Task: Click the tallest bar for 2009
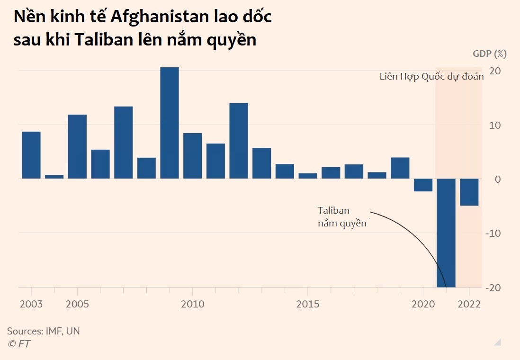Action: click(x=170, y=123)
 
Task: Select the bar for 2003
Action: click(x=31, y=155)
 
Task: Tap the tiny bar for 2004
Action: click(x=54, y=177)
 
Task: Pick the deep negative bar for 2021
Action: click(x=446, y=232)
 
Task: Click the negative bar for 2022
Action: click(x=469, y=192)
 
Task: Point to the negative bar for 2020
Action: click(x=423, y=185)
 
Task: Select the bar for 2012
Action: click(x=239, y=141)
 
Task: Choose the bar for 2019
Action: click(x=400, y=168)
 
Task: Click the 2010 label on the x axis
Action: click(x=193, y=304)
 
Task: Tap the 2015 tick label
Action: click(x=308, y=304)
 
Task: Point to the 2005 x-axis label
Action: click(x=77, y=304)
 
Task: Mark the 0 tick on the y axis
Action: click(x=498, y=180)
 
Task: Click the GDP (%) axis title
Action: click(x=489, y=54)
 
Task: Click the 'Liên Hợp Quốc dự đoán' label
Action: click(x=431, y=77)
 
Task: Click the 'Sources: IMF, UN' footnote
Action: click(x=44, y=331)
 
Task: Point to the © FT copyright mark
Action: click(x=19, y=344)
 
